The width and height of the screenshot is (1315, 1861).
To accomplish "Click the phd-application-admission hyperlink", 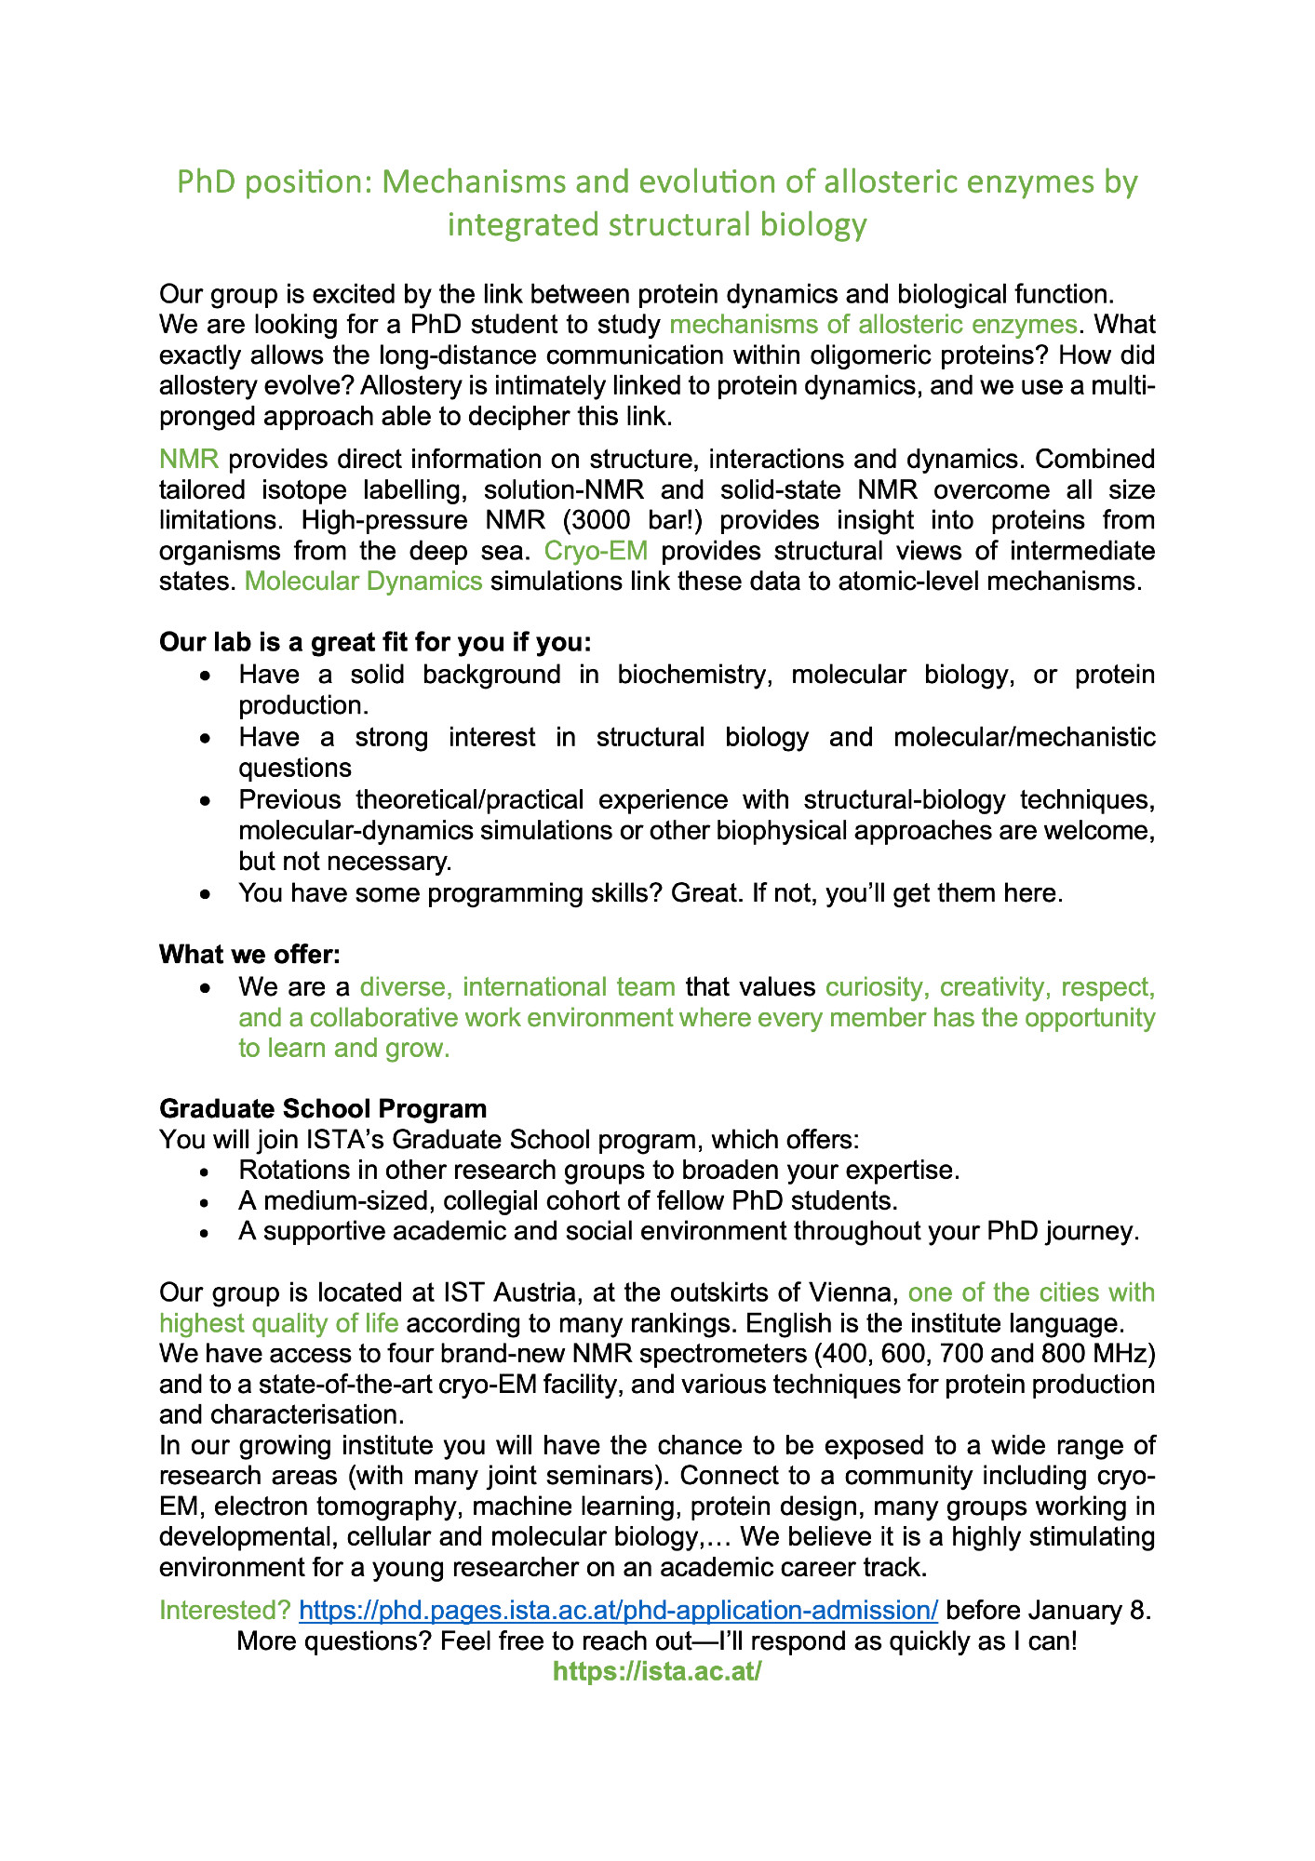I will pos(618,1610).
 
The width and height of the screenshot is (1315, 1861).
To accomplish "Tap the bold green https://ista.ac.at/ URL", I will pos(657,1671).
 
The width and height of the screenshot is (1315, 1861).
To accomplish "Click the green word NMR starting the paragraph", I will pos(189,459).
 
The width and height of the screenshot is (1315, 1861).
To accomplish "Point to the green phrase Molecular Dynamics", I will pos(363,582).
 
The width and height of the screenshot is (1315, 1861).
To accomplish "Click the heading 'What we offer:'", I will pos(250,955).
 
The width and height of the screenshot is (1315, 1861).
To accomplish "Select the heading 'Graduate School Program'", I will pos(323,1108).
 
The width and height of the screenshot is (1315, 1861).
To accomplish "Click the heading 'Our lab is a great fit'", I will pos(375,643).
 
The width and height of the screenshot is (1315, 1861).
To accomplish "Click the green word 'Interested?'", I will pos(225,1610).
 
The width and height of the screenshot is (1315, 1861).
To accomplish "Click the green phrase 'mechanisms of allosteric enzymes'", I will pos(873,325).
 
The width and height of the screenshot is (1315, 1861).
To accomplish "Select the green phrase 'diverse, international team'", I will pos(517,986).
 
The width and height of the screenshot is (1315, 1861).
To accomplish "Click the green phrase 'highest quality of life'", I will pos(279,1323).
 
